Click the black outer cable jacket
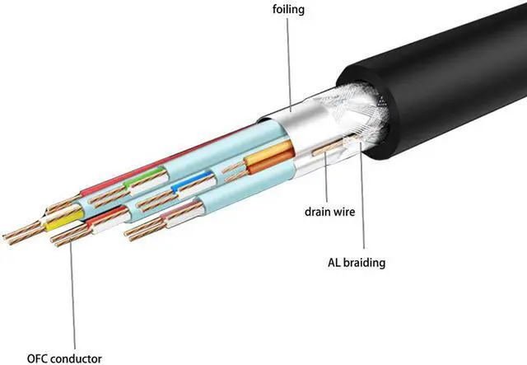(x=445, y=82)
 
